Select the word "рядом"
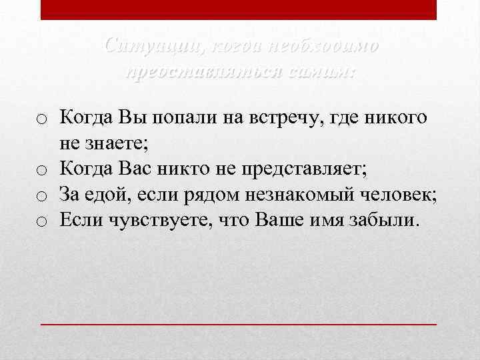[x=204, y=194]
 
